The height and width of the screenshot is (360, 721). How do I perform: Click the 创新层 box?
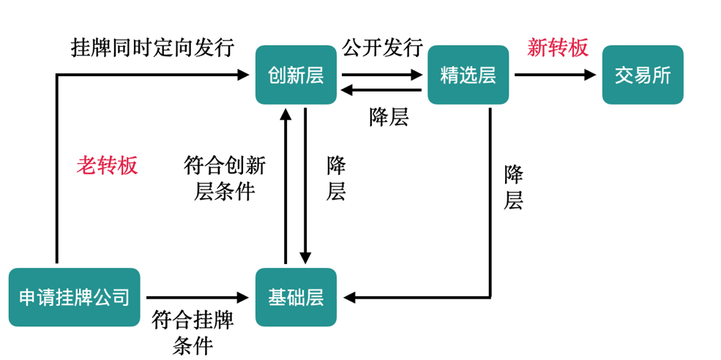(296, 75)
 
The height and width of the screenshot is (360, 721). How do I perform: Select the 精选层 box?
(468, 75)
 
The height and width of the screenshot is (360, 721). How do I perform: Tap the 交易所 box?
(642, 75)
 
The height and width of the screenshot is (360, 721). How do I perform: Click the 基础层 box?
(296, 297)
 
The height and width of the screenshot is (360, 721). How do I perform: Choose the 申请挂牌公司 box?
(74, 297)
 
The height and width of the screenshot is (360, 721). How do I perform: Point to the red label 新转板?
(558, 48)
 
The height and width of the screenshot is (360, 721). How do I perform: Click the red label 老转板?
(107, 165)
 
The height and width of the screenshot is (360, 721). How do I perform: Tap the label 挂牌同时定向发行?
(152, 48)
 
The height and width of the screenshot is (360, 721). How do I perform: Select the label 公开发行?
(382, 48)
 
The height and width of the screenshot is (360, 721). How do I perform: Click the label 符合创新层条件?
(224, 178)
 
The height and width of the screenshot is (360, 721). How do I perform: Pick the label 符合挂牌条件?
(193, 331)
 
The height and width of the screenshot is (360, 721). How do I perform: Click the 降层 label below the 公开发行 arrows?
(389, 117)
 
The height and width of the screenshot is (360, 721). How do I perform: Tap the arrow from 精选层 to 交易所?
(555, 75)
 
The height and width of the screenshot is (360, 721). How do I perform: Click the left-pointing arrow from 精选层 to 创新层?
(381, 90)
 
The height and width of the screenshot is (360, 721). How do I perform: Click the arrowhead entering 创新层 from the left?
(243, 75)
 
